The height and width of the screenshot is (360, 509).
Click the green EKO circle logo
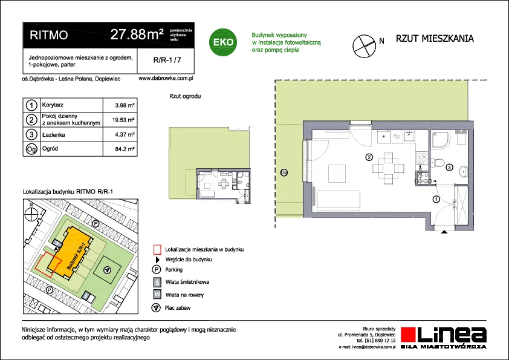[223, 42]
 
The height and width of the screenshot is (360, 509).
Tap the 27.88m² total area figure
[137, 34]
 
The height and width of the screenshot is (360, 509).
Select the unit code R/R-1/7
[167, 60]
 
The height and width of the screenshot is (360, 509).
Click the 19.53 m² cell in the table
[123, 120]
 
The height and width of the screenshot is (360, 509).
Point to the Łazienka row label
[54, 134]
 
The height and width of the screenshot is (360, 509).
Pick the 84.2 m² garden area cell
[125, 149]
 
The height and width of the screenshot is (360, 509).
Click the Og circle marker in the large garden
[284, 172]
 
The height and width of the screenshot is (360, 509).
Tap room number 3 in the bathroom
[449, 168]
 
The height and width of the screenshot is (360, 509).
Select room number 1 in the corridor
[436, 199]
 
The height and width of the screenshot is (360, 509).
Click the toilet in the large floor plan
[438, 163]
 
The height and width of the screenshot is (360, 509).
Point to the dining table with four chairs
[388, 168]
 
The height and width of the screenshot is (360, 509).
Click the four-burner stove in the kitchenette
[422, 158]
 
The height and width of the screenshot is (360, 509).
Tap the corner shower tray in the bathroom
[441, 139]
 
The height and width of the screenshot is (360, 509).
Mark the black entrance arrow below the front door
[444, 232]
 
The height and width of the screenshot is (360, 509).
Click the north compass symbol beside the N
[365, 46]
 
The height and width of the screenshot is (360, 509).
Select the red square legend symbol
[157, 249]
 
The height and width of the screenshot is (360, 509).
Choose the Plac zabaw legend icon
[156, 308]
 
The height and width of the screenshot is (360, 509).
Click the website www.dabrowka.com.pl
[166, 78]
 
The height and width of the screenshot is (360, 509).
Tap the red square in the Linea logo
[409, 335]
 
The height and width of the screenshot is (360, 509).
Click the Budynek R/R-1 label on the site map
[76, 256]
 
